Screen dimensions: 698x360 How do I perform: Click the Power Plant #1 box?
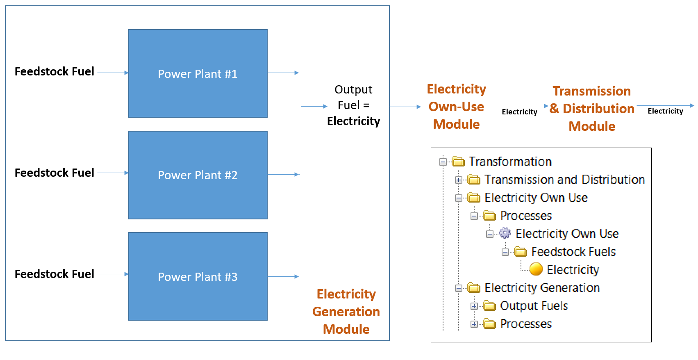tap(198, 73)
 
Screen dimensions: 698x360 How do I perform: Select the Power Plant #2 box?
tap(198, 175)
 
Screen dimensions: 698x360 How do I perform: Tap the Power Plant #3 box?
tap(198, 276)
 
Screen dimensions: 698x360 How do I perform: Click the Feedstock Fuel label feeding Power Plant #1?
tap(54, 71)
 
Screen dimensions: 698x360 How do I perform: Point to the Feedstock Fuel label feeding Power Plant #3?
tap(54, 274)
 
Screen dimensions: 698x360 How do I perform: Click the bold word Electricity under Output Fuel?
tap(353, 121)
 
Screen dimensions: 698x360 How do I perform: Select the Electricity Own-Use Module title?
tap(456, 107)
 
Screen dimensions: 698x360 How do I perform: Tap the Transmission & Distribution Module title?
tap(592, 109)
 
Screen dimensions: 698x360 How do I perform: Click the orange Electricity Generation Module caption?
tap(346, 311)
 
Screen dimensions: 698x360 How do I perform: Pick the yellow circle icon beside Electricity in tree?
tap(536, 269)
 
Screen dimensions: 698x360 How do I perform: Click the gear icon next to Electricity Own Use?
tap(505, 233)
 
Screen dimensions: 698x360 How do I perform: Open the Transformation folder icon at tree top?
tap(458, 162)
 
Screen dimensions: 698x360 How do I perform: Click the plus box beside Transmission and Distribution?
tap(458, 180)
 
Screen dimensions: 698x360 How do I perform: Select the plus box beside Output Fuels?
tap(474, 306)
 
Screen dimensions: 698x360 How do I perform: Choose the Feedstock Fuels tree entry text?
tap(573, 251)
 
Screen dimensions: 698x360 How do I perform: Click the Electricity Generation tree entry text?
tap(542, 288)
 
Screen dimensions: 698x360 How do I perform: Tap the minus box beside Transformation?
tap(443, 162)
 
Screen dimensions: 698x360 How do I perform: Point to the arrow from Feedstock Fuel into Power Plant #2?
tap(113, 173)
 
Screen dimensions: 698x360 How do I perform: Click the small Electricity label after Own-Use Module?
tap(519, 112)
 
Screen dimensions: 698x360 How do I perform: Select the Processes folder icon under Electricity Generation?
tap(489, 324)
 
